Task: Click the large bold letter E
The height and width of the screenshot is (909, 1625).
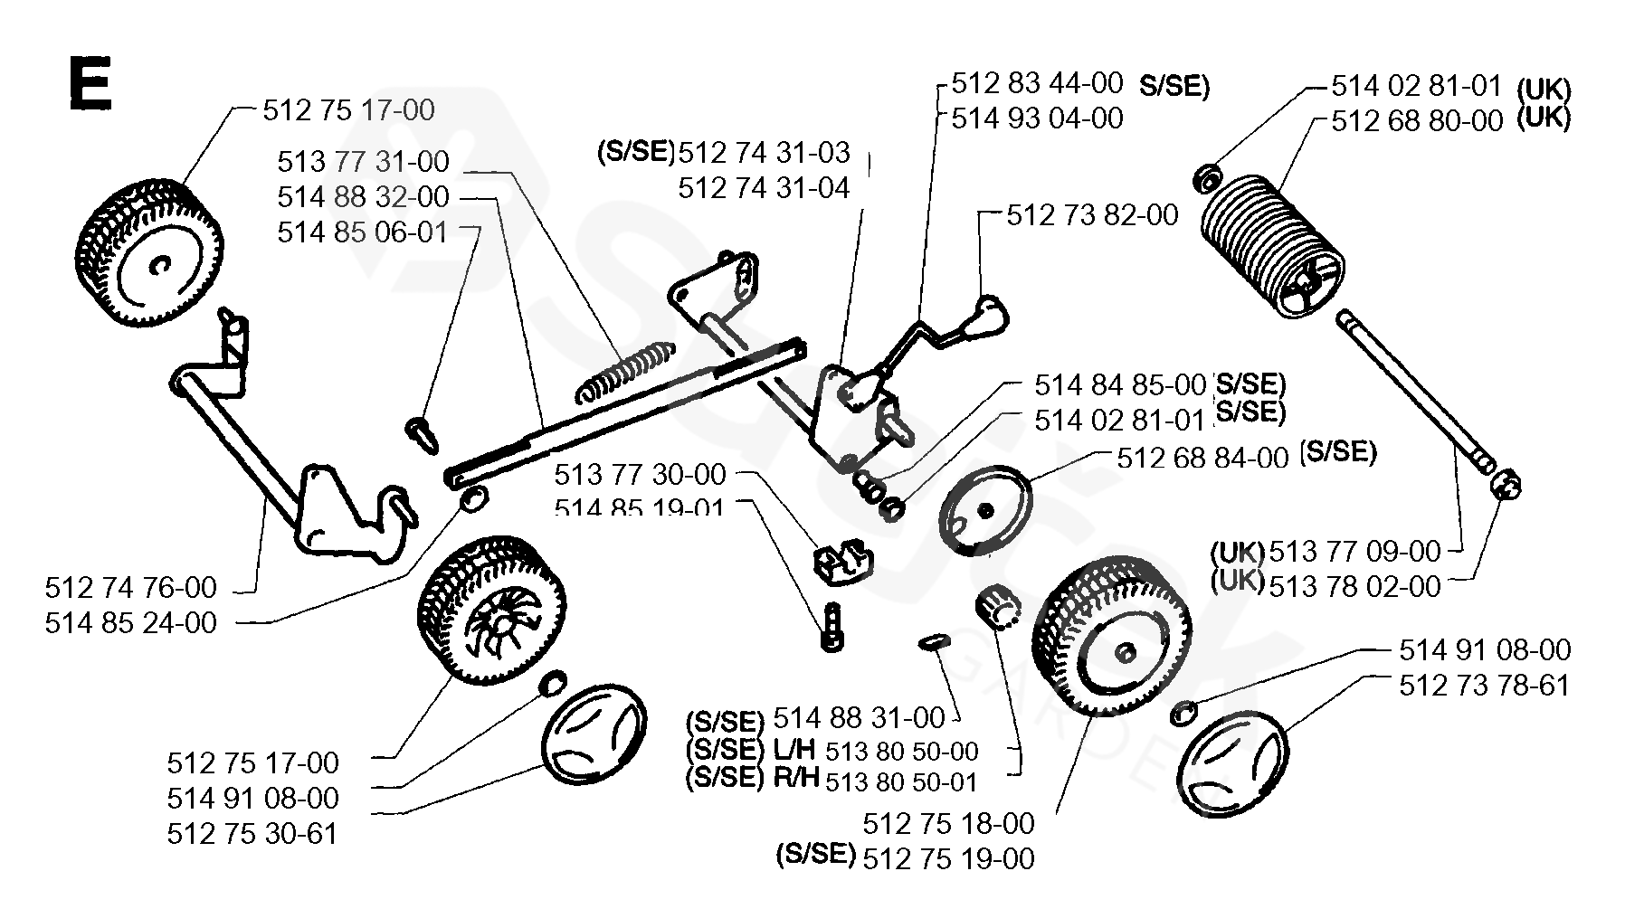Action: point(90,84)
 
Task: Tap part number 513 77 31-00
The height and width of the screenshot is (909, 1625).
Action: point(363,162)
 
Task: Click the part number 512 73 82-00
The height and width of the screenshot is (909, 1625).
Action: point(1092,215)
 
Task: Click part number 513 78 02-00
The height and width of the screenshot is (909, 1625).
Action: point(1354,587)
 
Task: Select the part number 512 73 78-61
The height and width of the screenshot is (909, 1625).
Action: point(1484,686)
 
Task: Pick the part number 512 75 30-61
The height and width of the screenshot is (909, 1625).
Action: point(252,833)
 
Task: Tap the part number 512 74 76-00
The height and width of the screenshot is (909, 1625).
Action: point(131,588)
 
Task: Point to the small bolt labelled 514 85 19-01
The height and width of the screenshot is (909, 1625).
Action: point(831,627)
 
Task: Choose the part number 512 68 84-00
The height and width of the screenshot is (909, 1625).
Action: point(1202,458)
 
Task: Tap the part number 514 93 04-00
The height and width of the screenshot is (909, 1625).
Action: point(1037,118)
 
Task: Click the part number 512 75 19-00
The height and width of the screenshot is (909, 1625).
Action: point(948,858)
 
